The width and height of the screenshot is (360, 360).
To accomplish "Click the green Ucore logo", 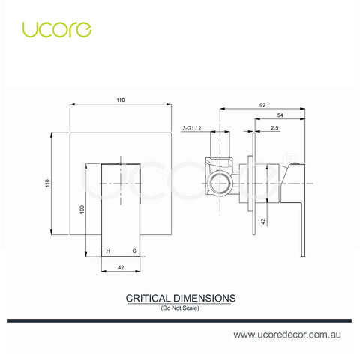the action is coord(57,30).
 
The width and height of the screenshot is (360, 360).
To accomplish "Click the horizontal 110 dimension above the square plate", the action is coord(121,100).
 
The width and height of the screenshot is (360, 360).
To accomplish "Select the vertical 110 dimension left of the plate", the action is coord(47,183).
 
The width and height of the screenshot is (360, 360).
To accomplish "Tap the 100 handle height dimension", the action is coord(82,209).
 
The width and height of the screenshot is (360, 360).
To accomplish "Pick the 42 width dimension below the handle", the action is coord(121,268).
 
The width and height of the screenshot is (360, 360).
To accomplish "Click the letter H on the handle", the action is coord(108,250).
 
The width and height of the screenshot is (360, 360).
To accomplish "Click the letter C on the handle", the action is coord(134,250).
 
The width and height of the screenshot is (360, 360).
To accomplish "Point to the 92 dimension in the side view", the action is coord(262,105).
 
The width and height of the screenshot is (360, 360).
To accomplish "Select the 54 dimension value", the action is coord(280,115).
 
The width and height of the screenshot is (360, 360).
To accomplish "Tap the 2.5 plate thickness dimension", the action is coord(274,128).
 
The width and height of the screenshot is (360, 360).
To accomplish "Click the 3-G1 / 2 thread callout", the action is coord(192,128).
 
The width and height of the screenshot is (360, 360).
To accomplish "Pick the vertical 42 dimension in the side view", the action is coord(263,221).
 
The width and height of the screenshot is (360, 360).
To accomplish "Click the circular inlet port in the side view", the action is coord(220,184).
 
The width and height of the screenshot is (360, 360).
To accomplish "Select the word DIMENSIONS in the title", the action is coord(204,298).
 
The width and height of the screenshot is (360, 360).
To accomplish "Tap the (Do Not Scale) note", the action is coord(180,307).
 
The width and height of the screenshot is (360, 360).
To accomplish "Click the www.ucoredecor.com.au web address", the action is coord(287,334).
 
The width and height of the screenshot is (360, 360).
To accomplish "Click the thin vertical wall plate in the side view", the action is coord(254,184).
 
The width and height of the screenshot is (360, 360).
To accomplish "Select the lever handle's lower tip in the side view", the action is coord(303,256).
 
